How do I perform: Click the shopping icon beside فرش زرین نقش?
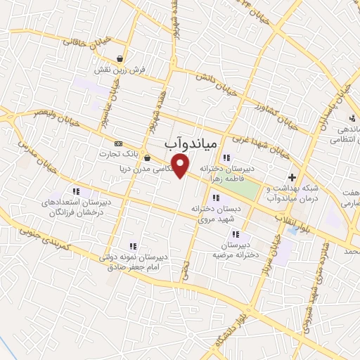122,58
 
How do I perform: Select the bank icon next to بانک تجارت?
117,143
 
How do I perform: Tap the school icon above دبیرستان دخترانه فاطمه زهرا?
226,157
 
